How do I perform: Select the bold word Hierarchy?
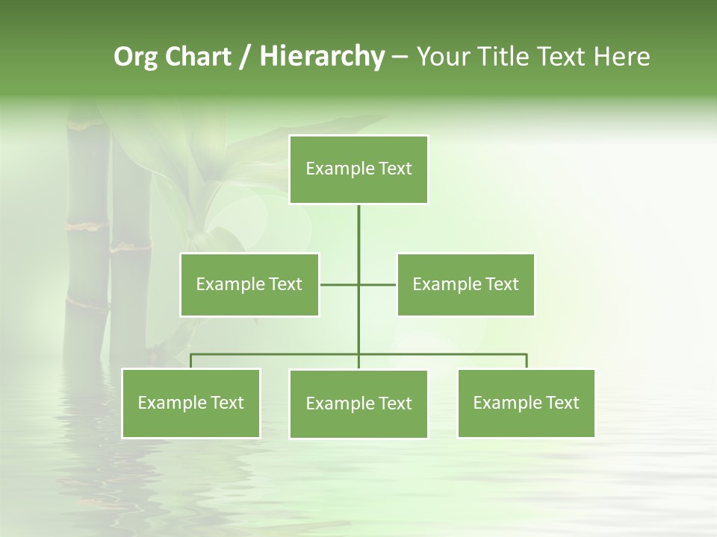pyautogui.click(x=321, y=57)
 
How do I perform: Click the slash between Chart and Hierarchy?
pyautogui.click(x=246, y=57)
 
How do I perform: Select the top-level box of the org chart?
pyautogui.click(x=358, y=169)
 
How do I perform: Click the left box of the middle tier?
pyautogui.click(x=249, y=284)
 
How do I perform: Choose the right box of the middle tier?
pyautogui.click(x=465, y=284)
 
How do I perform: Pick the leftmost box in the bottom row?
pyautogui.click(x=191, y=403)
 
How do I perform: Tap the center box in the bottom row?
pyautogui.click(x=358, y=403)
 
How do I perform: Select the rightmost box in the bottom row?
pyautogui.click(x=526, y=403)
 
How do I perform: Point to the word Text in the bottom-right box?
pyautogui.click(x=562, y=403)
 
